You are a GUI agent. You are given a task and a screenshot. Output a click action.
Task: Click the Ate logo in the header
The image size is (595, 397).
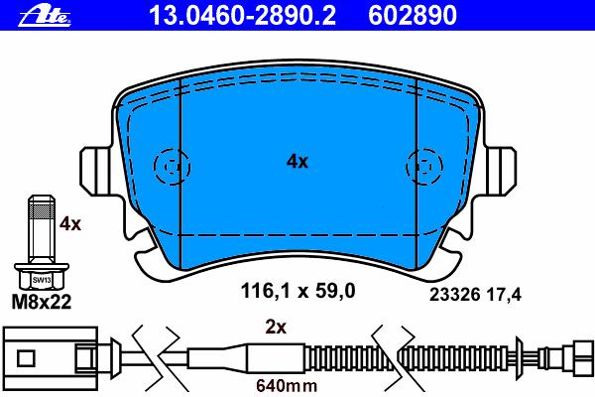coord(45,16)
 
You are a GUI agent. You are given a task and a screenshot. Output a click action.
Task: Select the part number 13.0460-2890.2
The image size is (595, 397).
coord(243,16)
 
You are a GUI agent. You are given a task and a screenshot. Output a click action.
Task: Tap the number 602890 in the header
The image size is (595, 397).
coord(413,16)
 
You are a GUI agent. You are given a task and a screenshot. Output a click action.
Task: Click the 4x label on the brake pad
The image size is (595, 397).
coord(297,162)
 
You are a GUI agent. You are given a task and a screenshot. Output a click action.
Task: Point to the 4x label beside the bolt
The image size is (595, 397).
coord(70,224)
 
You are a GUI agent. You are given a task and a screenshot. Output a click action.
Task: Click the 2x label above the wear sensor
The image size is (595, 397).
coord(276,327)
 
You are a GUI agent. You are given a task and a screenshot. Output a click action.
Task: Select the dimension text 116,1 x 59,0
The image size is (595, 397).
coord(297,292)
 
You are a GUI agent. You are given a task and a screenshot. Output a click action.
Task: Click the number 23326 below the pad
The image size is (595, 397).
coord(455,295)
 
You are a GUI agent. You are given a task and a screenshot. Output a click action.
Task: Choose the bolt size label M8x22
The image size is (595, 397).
coord(42,302)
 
